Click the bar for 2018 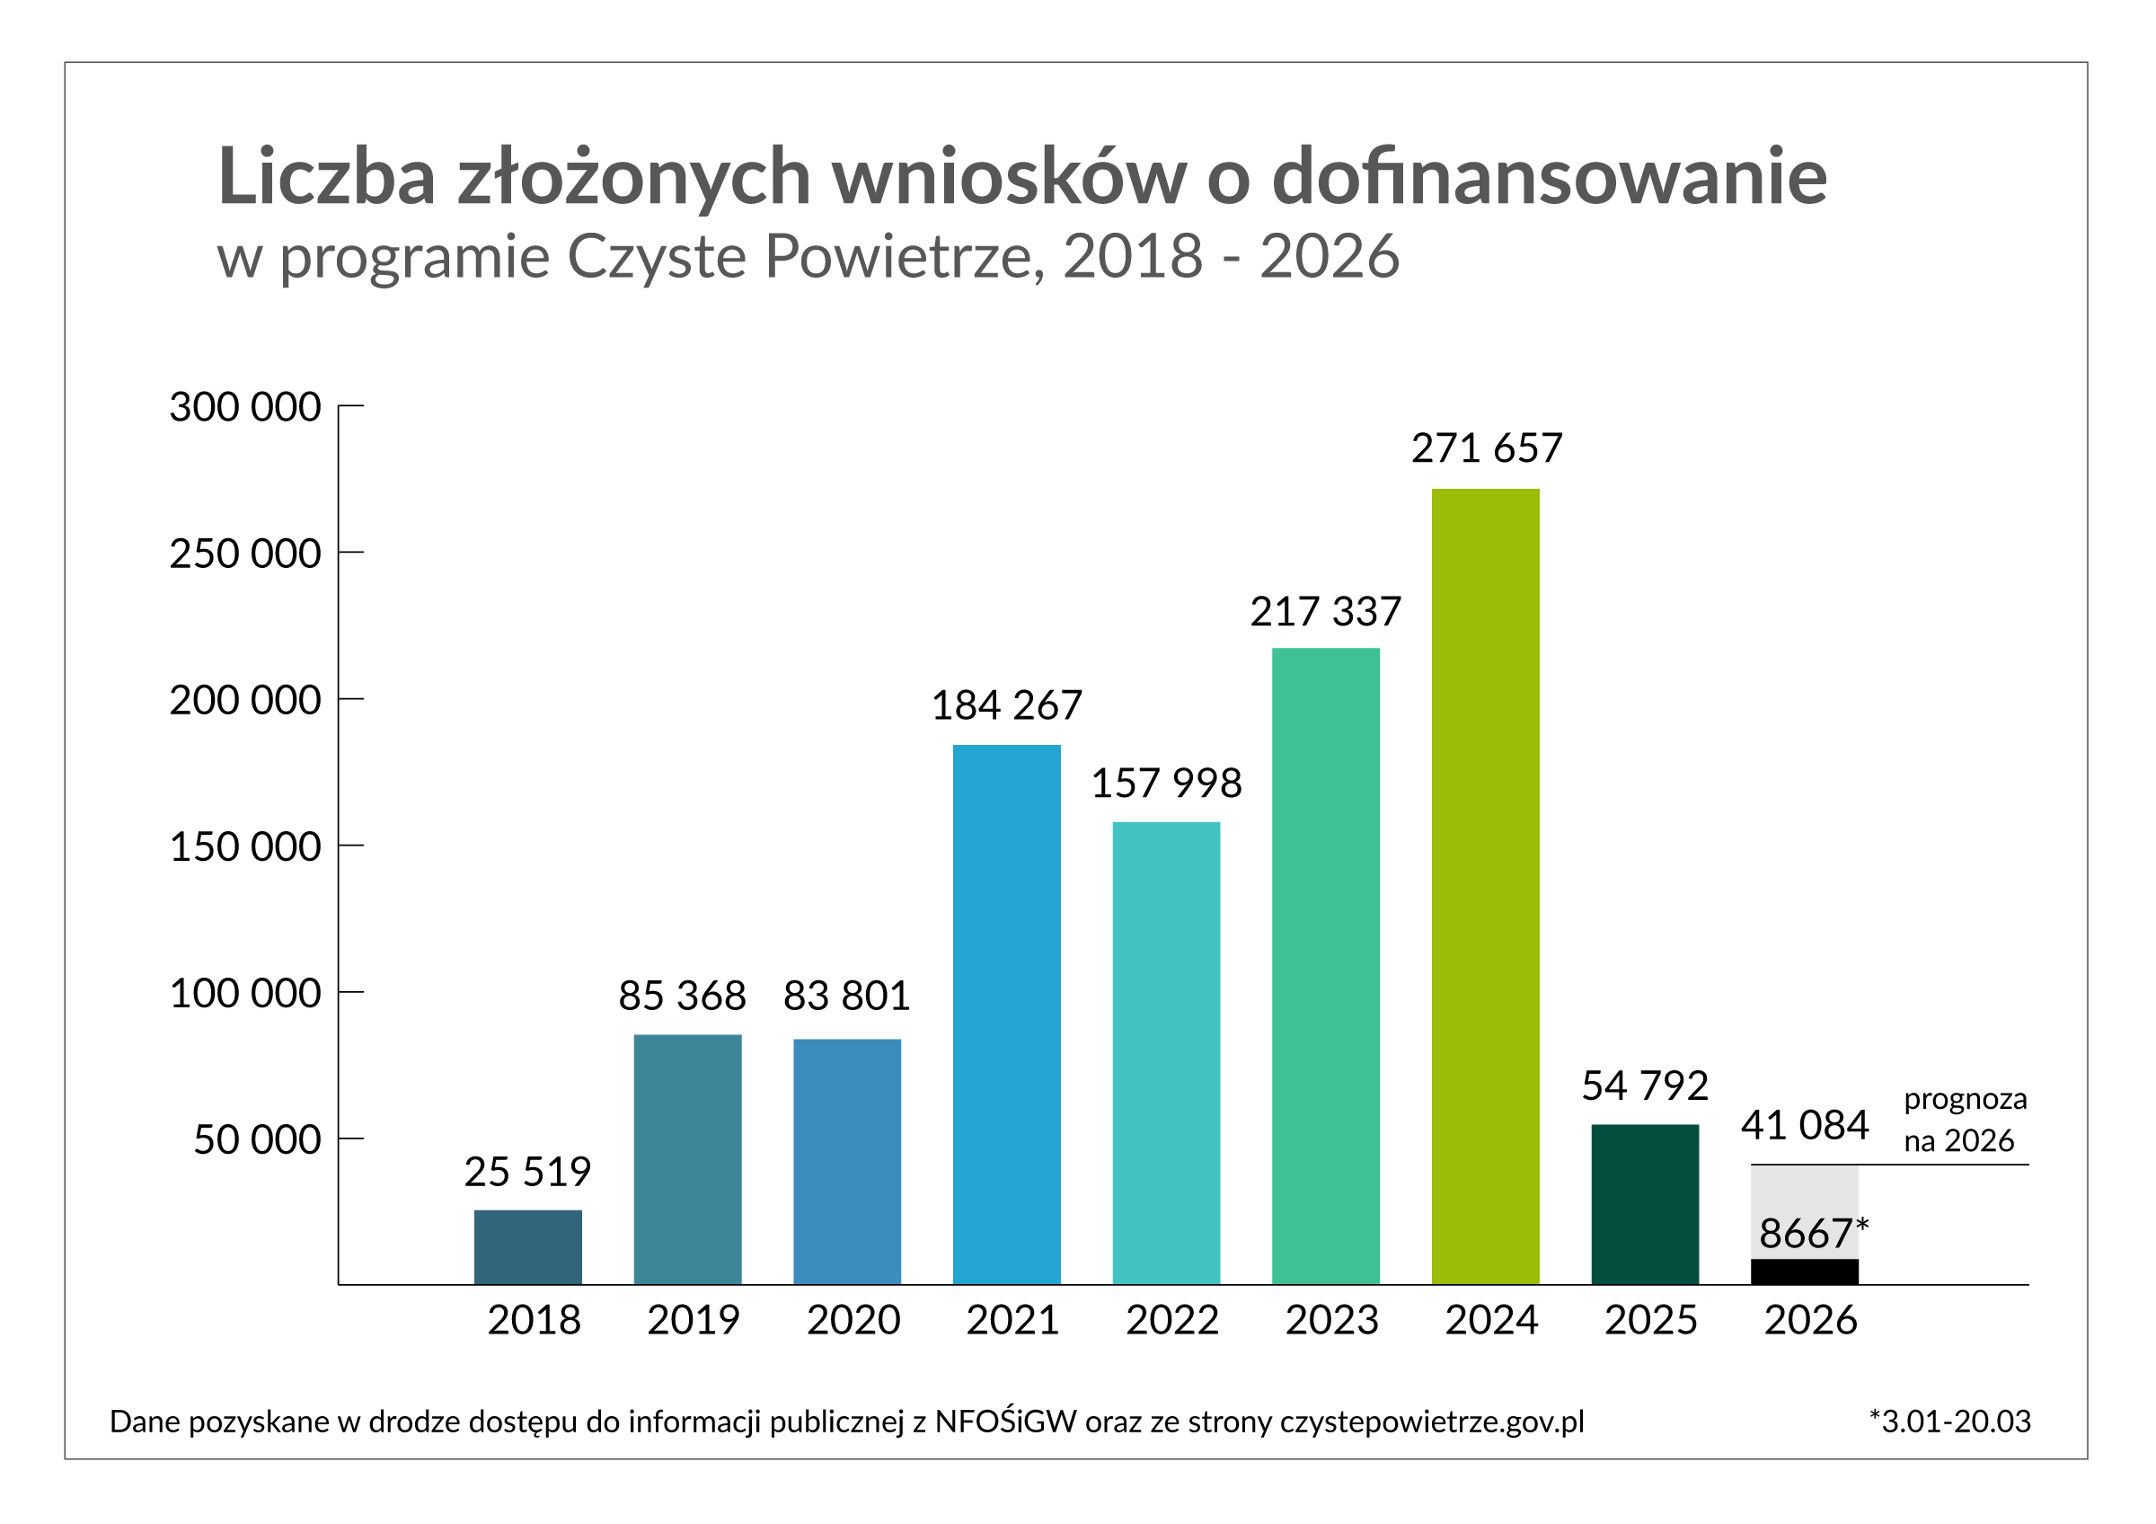pos(527,1247)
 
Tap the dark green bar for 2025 pos(1645,1204)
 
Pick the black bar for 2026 pos(1805,1271)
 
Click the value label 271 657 pos(1487,448)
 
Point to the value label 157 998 pos(1166,784)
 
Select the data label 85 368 pos(682,996)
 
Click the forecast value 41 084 pos(1805,1125)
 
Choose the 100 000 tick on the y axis pos(245,994)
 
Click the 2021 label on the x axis pos(1012,1320)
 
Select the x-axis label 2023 pos(1331,1320)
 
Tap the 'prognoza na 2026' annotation pos(1965,1120)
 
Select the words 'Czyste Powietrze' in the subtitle pos(806,256)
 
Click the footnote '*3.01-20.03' pos(1949,1422)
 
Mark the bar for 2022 pos(1166,1052)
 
